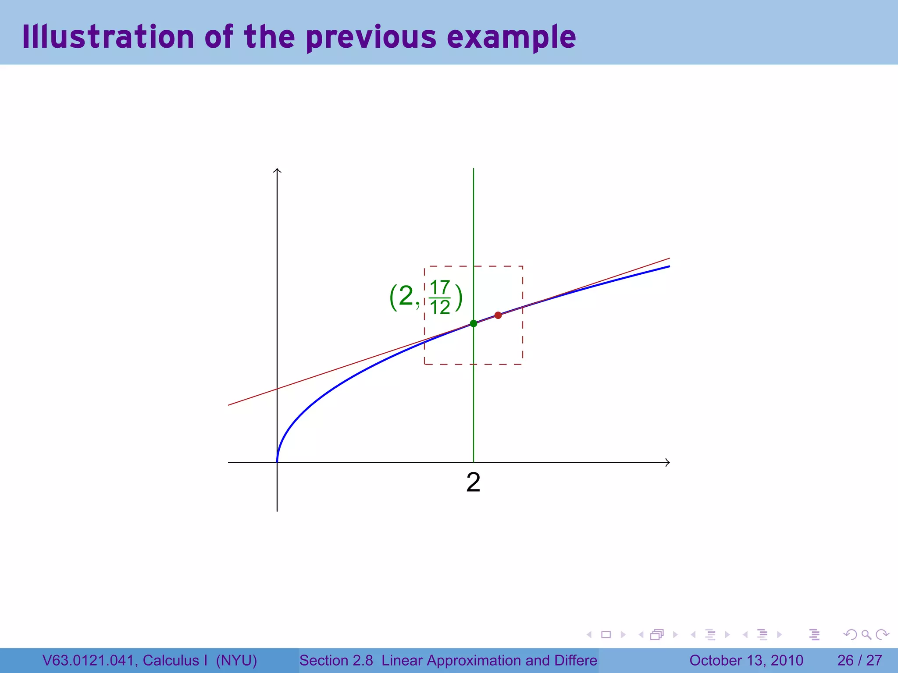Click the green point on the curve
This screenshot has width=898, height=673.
(x=473, y=323)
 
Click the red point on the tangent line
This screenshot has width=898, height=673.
(x=498, y=315)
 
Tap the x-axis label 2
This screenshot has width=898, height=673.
(x=473, y=482)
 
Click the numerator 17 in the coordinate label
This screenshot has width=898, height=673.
(x=440, y=287)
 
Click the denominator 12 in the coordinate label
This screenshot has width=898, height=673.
(x=440, y=307)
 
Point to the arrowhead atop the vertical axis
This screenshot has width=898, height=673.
(x=277, y=170)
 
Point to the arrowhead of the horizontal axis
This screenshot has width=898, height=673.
(x=667, y=462)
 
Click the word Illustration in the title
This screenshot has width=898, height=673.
(x=108, y=37)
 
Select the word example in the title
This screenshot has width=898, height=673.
(x=511, y=38)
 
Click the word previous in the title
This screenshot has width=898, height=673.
(x=371, y=38)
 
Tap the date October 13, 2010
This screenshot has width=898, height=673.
(x=746, y=660)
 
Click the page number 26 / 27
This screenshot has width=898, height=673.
(x=859, y=660)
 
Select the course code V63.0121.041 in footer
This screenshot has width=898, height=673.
(x=89, y=660)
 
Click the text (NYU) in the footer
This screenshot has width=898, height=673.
(x=236, y=660)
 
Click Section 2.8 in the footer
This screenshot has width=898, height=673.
(x=336, y=660)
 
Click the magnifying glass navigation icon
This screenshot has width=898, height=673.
(x=866, y=634)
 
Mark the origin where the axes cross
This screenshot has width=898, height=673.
(x=277, y=462)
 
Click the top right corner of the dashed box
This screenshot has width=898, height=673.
(x=522, y=266)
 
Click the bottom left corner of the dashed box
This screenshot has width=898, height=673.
(x=424, y=364)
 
